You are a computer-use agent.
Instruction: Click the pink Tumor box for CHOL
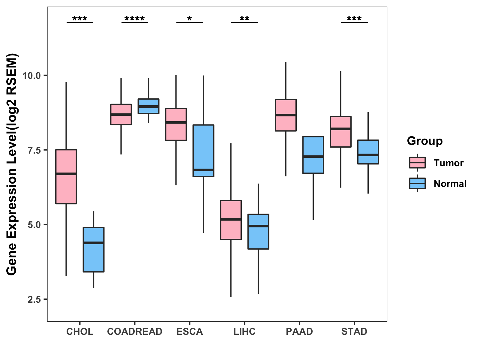point(66,177)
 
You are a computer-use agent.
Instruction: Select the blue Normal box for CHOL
point(94,250)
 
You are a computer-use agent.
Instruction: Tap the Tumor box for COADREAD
point(121,114)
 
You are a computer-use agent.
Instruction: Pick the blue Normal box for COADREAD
point(148,106)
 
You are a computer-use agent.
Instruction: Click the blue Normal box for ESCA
point(203,151)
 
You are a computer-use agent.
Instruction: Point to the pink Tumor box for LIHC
point(231,220)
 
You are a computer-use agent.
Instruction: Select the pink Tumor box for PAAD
point(286,115)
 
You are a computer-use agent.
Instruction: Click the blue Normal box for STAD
point(368,152)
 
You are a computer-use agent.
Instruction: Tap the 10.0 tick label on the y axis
point(31,75)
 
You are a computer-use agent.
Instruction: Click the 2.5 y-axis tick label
point(34,299)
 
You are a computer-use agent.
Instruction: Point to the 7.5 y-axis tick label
point(34,150)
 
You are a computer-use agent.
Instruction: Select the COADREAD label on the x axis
point(135,331)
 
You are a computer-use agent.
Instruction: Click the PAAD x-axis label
point(299,331)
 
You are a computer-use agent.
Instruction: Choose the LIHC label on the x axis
point(244,331)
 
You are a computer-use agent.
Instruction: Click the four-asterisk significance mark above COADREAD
point(135,19)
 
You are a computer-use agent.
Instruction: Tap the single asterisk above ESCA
point(190,19)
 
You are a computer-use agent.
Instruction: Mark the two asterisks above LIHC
point(244,19)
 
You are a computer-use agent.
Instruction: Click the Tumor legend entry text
point(448,163)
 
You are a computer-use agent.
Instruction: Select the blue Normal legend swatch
point(417,183)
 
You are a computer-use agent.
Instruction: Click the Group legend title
point(425,141)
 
